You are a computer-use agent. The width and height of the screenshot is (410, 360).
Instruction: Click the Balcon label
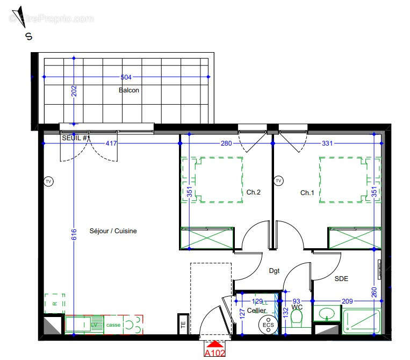coord(129,90)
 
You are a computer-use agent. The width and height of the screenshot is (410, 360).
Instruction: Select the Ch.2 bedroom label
coord(254,192)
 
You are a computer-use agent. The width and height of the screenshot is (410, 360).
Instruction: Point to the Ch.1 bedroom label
coord(307,192)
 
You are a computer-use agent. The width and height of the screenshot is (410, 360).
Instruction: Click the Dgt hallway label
coord(275,271)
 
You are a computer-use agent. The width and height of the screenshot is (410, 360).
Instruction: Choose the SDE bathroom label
coord(341,278)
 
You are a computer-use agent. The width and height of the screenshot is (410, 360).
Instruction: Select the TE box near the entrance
coord(183,325)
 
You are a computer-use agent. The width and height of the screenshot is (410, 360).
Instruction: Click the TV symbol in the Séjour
coord(48,181)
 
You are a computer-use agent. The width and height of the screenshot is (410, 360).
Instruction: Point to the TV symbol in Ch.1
coord(278,181)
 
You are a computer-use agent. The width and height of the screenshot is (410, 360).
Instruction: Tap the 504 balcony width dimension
coord(126,77)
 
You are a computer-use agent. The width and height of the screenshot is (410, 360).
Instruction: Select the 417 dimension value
coord(111,143)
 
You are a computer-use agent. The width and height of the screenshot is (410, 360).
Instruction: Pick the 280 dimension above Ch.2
coord(226,143)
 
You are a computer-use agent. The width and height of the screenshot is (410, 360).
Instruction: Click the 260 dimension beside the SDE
coord(374,292)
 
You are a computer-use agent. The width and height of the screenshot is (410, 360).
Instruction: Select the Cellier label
coord(257,311)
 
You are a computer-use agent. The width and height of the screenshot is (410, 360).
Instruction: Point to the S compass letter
coord(28,36)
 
